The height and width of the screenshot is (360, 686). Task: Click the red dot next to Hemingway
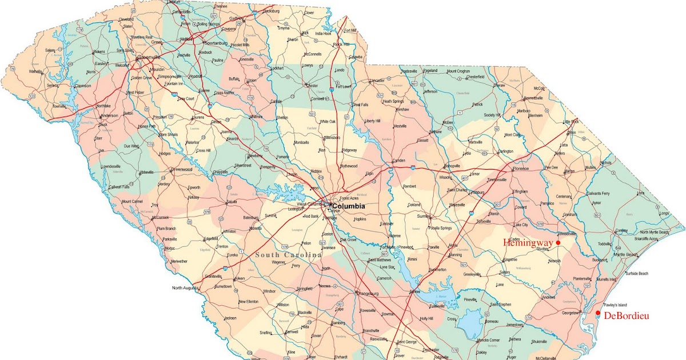click(x=558, y=243)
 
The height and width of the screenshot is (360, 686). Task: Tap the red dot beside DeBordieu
click(x=598, y=313)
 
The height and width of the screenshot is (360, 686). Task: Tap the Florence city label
click(x=521, y=169)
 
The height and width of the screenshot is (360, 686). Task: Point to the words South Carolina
click(x=286, y=254)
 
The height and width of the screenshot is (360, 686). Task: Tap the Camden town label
click(x=398, y=161)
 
